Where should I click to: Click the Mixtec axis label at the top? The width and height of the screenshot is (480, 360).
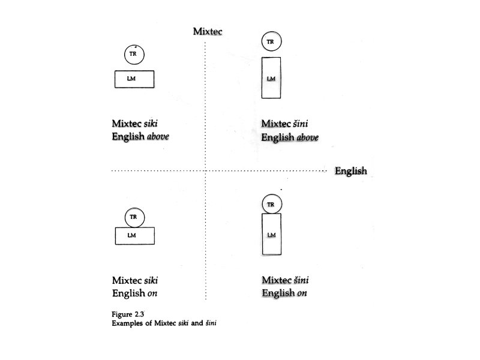[208, 31]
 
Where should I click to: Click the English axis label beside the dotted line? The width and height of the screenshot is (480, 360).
[350, 171]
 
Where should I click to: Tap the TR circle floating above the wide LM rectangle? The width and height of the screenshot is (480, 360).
[134, 55]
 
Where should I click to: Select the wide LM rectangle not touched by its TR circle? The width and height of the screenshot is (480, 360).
[134, 79]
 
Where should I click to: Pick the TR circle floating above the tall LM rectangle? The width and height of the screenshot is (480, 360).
[271, 41]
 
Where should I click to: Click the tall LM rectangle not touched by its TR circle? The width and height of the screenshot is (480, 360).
[271, 78]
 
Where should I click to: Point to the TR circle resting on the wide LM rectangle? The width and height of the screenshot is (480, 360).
[134, 217]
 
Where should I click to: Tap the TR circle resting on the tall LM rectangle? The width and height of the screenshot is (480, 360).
[271, 205]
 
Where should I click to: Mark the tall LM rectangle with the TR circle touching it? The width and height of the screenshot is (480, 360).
[271, 235]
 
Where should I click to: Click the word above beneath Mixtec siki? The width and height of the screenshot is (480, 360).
[159, 137]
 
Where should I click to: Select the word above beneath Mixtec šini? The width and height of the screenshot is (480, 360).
[307, 138]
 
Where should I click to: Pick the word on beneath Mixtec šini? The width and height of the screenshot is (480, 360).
[302, 294]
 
